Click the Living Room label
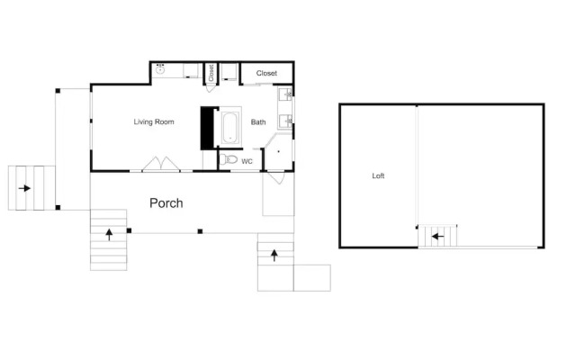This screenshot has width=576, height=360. pyautogui.click(x=154, y=122)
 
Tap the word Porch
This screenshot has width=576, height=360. pyautogui.click(x=166, y=203)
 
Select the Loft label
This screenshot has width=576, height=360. pyautogui.click(x=378, y=176)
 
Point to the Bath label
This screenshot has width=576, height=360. pyautogui.click(x=258, y=122)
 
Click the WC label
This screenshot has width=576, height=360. pyautogui.click(x=247, y=161)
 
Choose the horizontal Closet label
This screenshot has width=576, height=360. pyautogui.click(x=266, y=73)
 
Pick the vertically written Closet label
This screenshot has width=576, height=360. pyautogui.click(x=211, y=73)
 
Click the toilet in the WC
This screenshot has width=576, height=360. pyautogui.click(x=229, y=159)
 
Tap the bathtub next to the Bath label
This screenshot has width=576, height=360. pyautogui.click(x=230, y=128)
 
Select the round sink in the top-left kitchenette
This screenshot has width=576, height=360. pyautogui.click(x=160, y=69)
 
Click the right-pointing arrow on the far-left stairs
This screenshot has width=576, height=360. pyautogui.click(x=24, y=188)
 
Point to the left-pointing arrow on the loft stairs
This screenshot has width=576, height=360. pyautogui.click(x=437, y=237)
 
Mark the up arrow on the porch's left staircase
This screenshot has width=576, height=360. pyautogui.click(x=109, y=234)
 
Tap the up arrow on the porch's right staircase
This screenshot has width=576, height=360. pyautogui.click(x=274, y=255)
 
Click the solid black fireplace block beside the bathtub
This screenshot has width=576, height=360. pyautogui.click(x=207, y=128)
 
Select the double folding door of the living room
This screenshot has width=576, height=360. pyautogui.click(x=161, y=165)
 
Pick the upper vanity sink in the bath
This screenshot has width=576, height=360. pyautogui.click(x=286, y=94)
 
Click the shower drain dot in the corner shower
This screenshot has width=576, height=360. pyautogui.click(x=278, y=151)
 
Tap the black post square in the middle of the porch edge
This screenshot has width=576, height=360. pyautogui.click(x=200, y=231)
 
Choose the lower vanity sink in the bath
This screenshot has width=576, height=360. pyautogui.click(x=286, y=121)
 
